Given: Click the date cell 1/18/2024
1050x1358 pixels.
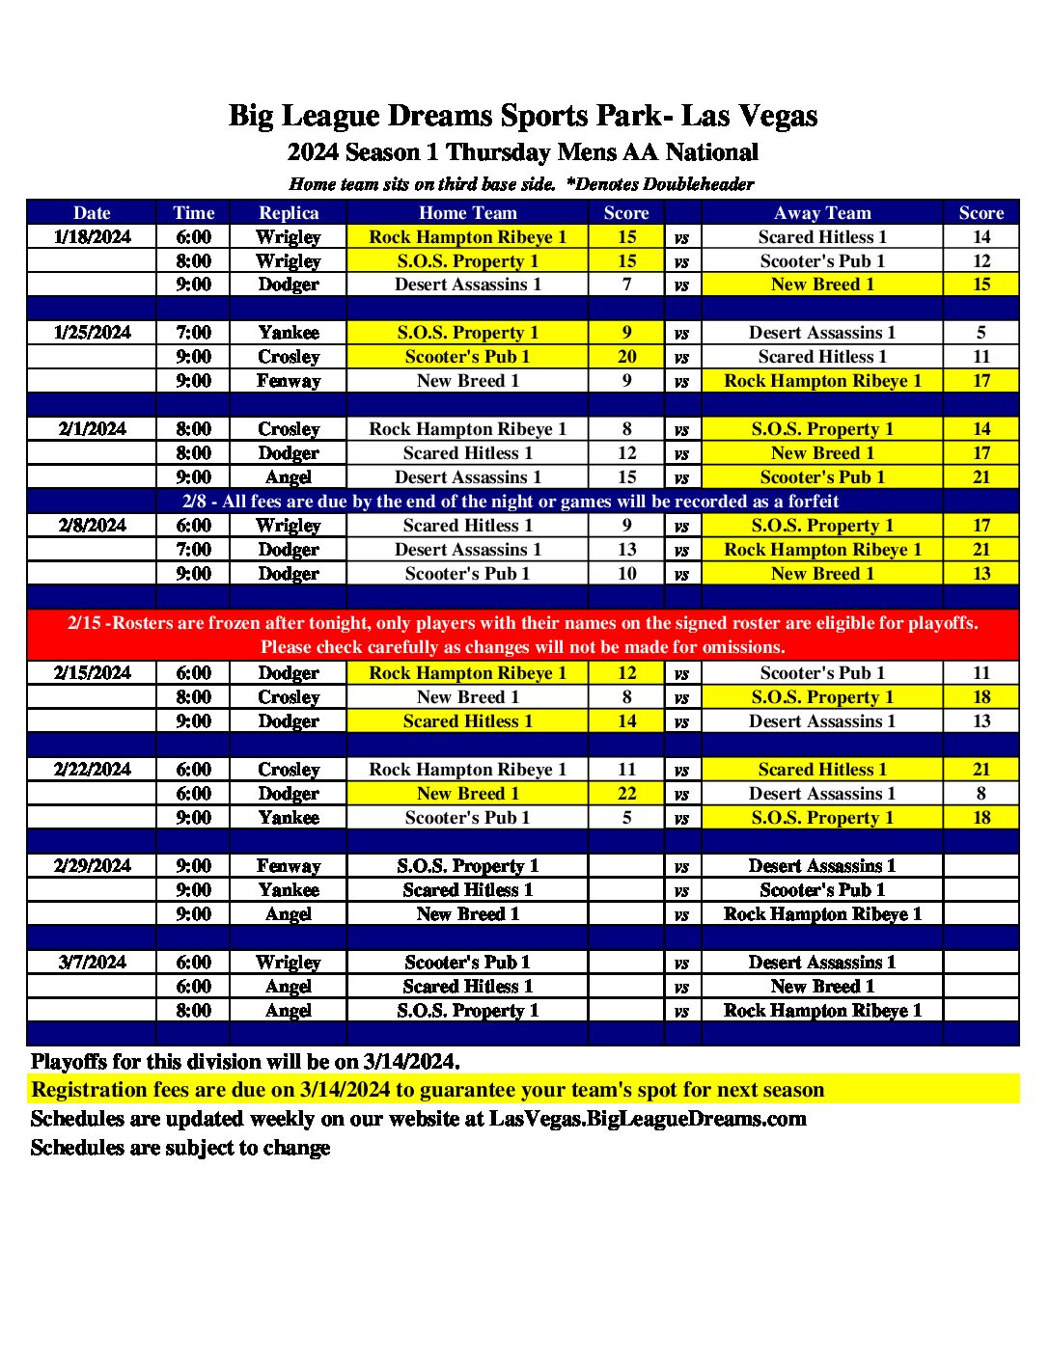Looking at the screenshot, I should click(x=93, y=237).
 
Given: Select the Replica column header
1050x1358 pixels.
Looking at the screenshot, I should click(x=289, y=213).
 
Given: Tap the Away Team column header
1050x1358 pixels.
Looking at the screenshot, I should click(x=822, y=213).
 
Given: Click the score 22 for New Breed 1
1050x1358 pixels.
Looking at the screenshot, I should click(x=626, y=794).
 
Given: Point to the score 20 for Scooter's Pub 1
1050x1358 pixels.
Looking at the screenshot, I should click(x=626, y=357).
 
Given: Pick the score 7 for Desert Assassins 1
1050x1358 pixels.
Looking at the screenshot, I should click(x=626, y=285).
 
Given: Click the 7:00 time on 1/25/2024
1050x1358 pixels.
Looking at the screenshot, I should click(x=193, y=333).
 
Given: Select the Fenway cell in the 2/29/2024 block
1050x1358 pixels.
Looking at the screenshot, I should click(x=289, y=866).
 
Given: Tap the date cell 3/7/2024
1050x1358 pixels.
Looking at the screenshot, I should click(x=93, y=963).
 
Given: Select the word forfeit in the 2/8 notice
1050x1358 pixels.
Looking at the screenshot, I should click(x=813, y=502).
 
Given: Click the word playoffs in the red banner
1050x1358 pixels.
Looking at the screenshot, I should click(x=937, y=623).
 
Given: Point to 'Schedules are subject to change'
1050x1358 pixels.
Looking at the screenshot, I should click(x=180, y=1148).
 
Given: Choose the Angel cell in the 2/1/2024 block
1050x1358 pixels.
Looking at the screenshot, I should click(x=289, y=477).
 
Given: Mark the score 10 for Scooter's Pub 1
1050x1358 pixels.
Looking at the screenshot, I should click(x=626, y=574).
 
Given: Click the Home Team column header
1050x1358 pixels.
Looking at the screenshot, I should click(x=468, y=213).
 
